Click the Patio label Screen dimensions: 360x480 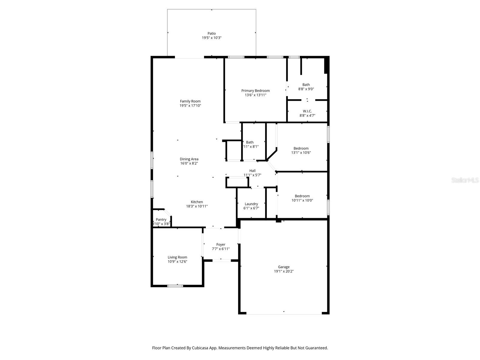[x=211, y=34]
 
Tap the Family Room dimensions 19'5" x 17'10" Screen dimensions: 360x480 [x=190, y=106]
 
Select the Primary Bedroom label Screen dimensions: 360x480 [x=255, y=91]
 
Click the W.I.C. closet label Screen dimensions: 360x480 [x=307, y=111]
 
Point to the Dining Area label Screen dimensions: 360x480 [x=189, y=159]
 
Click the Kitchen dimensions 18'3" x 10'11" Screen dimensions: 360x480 [x=197, y=206]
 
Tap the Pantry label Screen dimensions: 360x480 [x=161, y=220]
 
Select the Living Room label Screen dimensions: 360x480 [x=177, y=257]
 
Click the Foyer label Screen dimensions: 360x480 [x=221, y=244]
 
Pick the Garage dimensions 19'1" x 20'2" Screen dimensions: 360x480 [x=283, y=271]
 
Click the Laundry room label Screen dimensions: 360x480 [x=251, y=204]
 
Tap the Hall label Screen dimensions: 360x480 [x=252, y=171]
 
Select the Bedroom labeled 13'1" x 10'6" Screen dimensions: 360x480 [x=301, y=148]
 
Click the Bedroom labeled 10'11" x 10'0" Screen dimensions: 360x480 [x=302, y=196]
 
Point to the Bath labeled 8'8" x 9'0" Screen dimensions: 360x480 [x=306, y=85]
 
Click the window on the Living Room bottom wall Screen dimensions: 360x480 [x=175, y=286]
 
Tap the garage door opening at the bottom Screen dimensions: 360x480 [x=284, y=313]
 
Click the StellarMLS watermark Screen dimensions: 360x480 [x=465, y=180]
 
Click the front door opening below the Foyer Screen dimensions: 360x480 [x=221, y=260]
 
